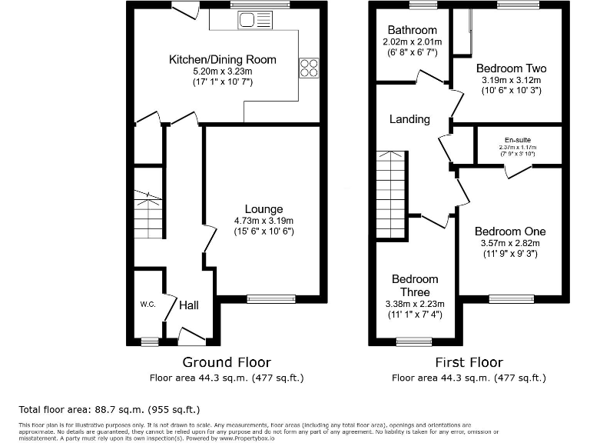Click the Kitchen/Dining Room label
click(222, 59)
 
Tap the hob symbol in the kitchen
click(309, 68)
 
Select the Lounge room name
click(264, 209)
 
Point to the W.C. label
click(147, 305)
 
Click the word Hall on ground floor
click(189, 305)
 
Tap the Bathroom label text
click(412, 31)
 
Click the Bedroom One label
click(509, 231)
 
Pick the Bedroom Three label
click(415, 285)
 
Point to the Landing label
click(409, 119)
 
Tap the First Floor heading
click(469, 361)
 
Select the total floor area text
click(109, 409)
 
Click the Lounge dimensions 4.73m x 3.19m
click(264, 221)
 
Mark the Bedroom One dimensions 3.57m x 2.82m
click(509, 243)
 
